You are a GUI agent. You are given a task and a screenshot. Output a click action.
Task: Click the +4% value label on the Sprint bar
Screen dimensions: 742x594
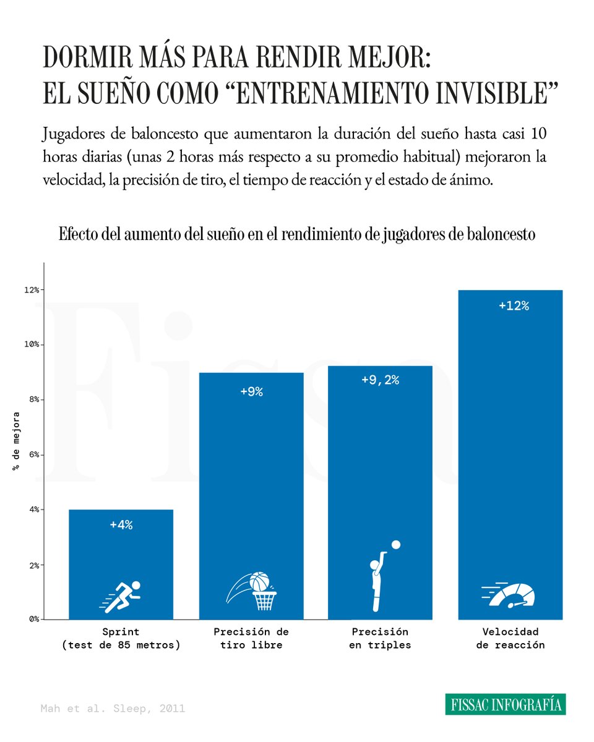(x=121, y=525)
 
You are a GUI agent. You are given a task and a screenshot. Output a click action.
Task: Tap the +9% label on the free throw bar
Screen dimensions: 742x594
(x=251, y=392)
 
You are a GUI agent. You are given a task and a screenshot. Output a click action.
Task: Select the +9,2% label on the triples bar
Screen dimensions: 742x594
(x=380, y=380)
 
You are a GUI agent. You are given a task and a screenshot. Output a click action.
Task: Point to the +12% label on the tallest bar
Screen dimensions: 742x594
(x=514, y=305)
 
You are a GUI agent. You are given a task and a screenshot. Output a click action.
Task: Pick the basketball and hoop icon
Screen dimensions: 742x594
(x=252, y=590)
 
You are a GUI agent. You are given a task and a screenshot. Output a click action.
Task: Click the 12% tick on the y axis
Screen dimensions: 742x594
(x=32, y=290)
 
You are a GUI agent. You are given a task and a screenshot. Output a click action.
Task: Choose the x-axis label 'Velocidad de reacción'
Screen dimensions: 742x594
(x=510, y=638)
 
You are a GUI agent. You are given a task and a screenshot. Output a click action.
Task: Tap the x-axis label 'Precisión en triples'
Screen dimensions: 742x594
(x=380, y=638)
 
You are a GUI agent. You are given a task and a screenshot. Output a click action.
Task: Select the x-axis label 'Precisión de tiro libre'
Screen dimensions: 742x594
(x=251, y=638)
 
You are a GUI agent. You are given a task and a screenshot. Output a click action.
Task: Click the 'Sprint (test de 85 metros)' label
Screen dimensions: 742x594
(x=121, y=638)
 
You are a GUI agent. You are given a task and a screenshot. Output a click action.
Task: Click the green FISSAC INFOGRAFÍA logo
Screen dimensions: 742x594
(x=505, y=704)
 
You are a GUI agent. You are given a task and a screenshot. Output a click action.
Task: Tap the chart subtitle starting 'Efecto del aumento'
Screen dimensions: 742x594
(x=296, y=235)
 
